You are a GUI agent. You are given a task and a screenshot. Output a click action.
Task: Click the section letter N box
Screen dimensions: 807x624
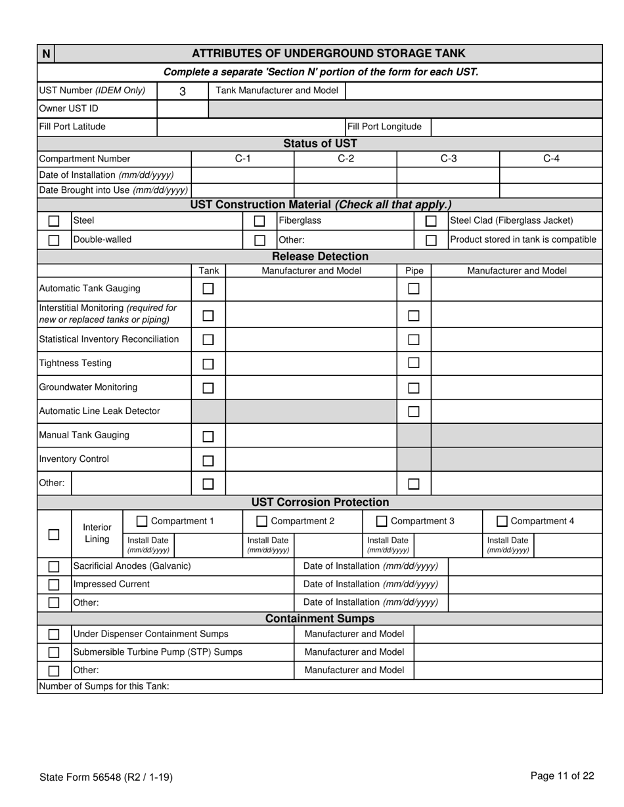click(x=46, y=54)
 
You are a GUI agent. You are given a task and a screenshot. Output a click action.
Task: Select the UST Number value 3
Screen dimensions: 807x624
click(x=183, y=91)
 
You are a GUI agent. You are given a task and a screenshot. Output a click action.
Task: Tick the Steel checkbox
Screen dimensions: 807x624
click(x=54, y=221)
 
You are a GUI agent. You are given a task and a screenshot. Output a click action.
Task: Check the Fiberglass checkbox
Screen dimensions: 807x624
click(x=259, y=221)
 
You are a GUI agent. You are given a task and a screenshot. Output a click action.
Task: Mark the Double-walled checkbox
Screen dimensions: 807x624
click(x=54, y=240)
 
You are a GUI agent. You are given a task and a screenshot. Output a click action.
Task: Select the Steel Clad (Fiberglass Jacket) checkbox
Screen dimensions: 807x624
click(x=431, y=221)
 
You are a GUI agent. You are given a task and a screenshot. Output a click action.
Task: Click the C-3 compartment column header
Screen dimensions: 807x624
click(x=448, y=159)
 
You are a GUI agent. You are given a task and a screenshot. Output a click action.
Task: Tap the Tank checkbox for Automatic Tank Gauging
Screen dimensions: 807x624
click(x=208, y=289)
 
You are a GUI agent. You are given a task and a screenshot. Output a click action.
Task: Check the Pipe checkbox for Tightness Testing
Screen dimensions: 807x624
click(x=414, y=363)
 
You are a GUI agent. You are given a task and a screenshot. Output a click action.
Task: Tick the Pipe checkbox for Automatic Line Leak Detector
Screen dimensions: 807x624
click(x=414, y=411)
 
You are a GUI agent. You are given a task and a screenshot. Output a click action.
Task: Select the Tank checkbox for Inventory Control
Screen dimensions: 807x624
click(x=208, y=461)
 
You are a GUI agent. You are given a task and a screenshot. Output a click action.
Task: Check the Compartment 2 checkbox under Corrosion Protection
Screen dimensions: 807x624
click(x=261, y=522)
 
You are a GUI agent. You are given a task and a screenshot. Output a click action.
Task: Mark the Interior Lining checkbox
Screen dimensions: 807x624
click(x=54, y=534)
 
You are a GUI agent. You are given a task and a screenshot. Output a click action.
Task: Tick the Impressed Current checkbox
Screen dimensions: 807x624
click(x=54, y=585)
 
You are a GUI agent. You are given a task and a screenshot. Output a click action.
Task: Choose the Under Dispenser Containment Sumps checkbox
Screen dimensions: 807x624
click(x=54, y=634)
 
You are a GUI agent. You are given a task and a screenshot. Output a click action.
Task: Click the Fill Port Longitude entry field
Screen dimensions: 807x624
click(x=516, y=127)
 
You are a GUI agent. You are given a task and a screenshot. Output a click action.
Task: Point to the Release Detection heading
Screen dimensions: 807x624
click(x=320, y=257)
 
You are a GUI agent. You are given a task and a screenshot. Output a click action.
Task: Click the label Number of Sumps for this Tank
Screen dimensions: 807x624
click(x=104, y=686)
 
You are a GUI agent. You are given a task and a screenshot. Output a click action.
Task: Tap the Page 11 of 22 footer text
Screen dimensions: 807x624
click(x=562, y=776)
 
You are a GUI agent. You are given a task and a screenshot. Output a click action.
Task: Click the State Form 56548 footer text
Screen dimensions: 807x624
click(x=106, y=777)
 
